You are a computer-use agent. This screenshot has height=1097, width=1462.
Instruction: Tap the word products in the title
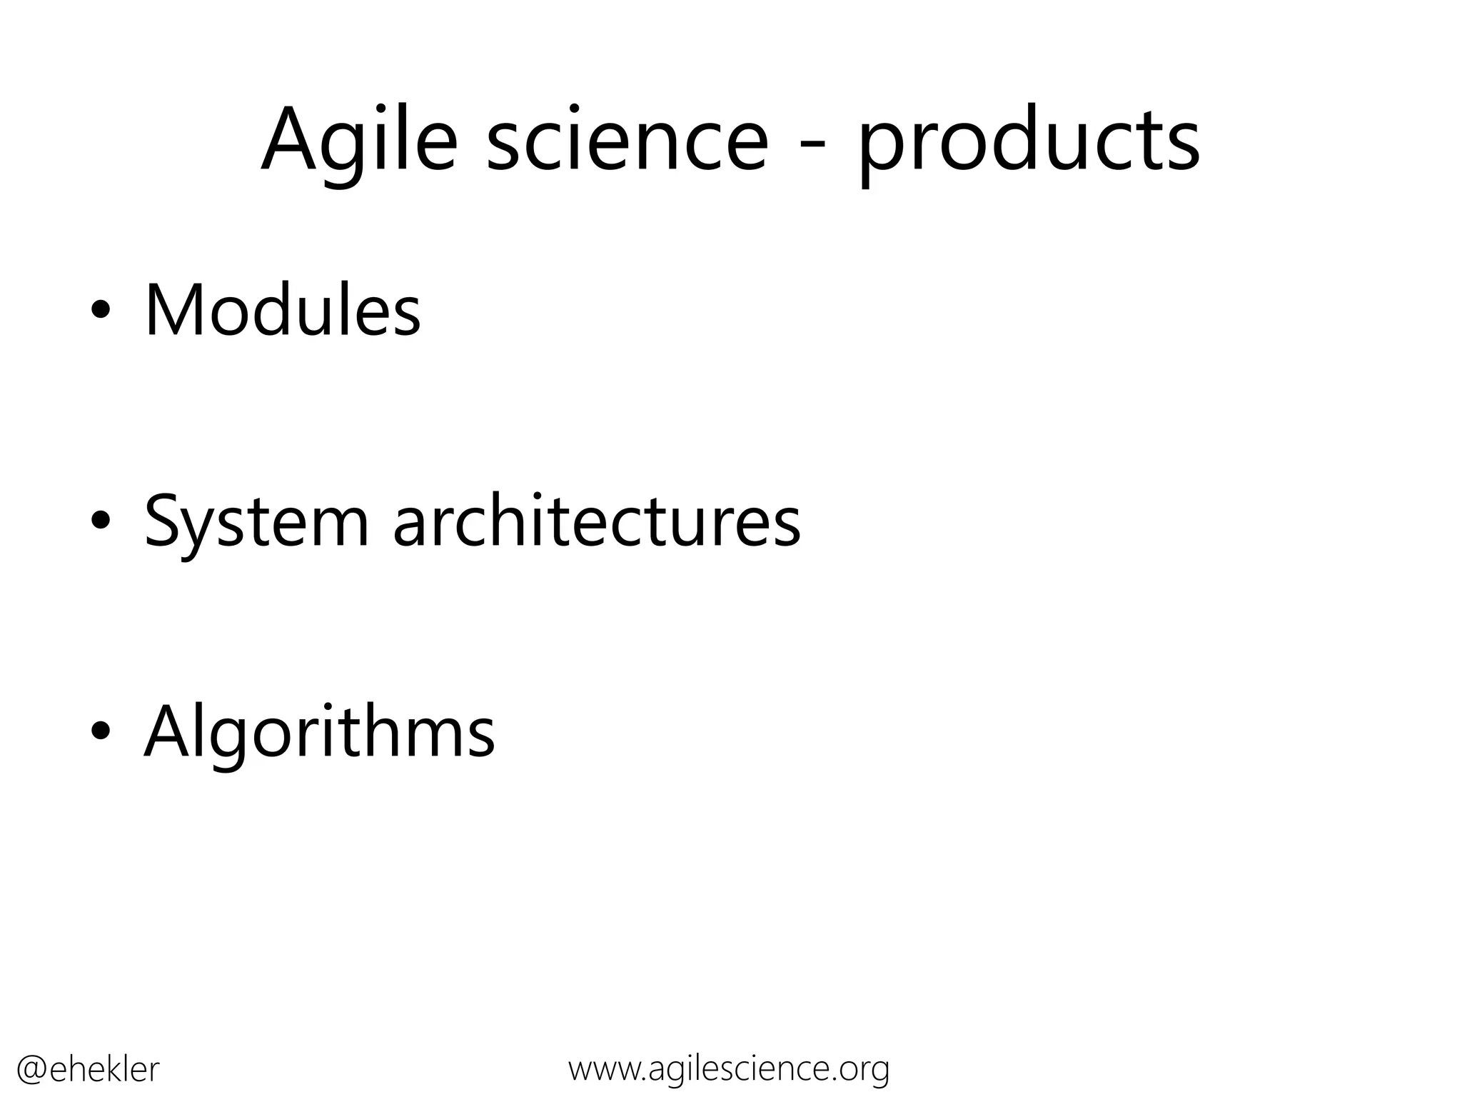[1029, 143]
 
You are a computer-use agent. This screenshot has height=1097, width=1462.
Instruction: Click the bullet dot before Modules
[101, 311]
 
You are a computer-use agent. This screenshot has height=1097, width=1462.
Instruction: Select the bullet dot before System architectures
[101, 522]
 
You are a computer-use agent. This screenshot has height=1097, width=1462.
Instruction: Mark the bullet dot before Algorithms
[101, 732]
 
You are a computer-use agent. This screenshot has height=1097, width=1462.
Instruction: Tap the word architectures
[597, 522]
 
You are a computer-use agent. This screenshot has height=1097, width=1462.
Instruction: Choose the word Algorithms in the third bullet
[319, 733]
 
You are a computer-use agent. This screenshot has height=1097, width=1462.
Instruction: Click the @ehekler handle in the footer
[87, 1070]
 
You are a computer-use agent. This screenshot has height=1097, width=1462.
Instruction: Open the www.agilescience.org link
[729, 1069]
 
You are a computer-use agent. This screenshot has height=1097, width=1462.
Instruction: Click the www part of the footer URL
[606, 1070]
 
